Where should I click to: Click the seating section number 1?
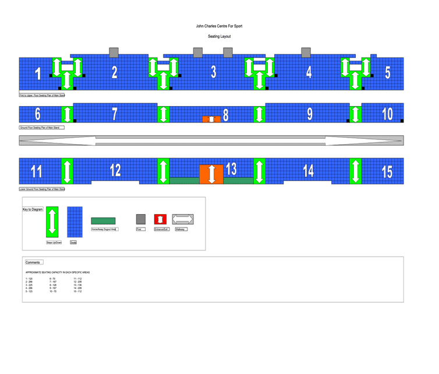[38, 74]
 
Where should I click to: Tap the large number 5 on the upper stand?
[388, 73]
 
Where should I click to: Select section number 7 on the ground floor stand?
[115, 114]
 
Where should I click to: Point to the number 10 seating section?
[387, 114]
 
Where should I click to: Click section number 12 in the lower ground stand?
[115, 170]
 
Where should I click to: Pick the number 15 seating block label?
[387, 172]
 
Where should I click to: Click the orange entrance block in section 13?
[211, 174]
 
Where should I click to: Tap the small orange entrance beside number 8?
[211, 119]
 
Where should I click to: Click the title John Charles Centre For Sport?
[219, 26]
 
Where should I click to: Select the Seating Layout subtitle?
[219, 36]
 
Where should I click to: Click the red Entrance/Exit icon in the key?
[160, 219]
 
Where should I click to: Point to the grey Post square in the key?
[141, 219]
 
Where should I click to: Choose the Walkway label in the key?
[181, 229]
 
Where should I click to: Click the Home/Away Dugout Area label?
[104, 229]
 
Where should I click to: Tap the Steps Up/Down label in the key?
[54, 242]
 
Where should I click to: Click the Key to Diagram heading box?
[33, 209]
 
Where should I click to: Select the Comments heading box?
[33, 263]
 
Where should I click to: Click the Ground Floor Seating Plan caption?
[41, 127]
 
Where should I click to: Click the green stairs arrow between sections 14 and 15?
[355, 171]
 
